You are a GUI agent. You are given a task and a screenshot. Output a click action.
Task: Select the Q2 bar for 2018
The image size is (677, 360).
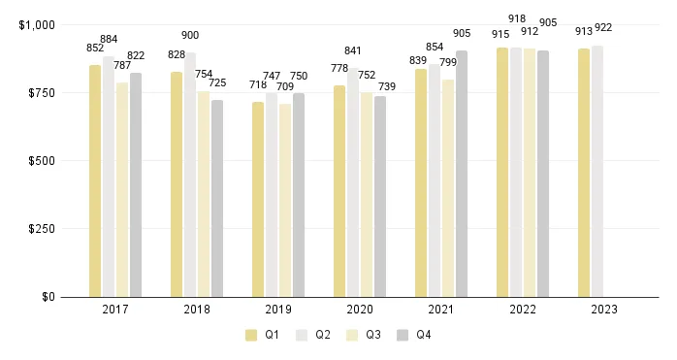(190, 175)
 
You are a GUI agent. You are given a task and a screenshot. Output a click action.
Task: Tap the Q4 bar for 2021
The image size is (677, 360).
(462, 174)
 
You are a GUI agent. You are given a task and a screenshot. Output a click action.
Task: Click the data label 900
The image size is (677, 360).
(190, 36)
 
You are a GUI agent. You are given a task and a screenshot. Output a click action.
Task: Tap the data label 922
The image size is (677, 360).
(603, 27)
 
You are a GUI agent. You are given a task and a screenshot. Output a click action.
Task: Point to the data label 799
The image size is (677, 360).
(447, 62)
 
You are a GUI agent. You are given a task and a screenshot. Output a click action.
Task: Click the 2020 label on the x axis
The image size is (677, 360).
(359, 310)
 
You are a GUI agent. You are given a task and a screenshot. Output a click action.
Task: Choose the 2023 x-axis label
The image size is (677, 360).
(603, 310)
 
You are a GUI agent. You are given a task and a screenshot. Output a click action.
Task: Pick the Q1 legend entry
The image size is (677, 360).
(262, 336)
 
